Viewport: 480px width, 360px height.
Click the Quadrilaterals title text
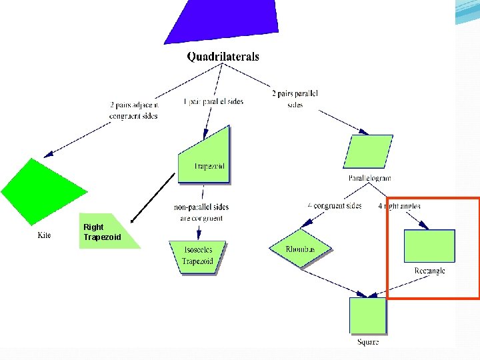click(223, 57)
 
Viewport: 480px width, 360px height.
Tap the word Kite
click(44, 235)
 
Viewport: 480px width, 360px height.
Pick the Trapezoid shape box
click(205, 159)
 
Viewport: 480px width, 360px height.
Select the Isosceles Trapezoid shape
click(198, 257)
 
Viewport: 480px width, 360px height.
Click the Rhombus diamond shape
click(300, 249)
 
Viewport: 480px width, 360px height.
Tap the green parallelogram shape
click(368, 151)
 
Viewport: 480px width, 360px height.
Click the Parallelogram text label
click(369, 178)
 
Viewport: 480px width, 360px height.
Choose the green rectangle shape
click(429, 246)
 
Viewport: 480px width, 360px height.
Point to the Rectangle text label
click(429, 271)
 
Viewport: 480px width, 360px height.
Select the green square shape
click(368, 315)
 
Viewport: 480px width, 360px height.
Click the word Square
click(368, 342)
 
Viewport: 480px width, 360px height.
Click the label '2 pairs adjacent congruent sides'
click(133, 110)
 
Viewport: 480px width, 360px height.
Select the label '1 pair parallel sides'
click(213, 101)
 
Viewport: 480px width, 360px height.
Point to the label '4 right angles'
click(399, 206)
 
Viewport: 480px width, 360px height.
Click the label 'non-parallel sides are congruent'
click(201, 213)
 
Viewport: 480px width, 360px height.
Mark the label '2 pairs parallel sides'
click(295, 99)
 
